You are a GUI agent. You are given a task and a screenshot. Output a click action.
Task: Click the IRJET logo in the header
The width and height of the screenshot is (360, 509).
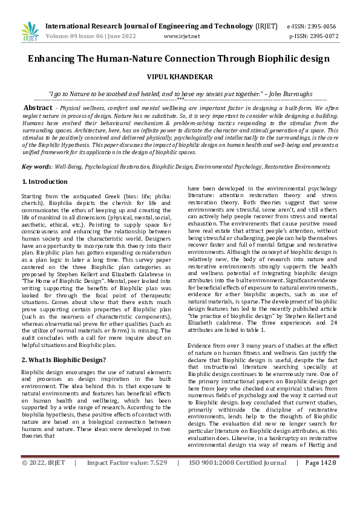pos(29,31)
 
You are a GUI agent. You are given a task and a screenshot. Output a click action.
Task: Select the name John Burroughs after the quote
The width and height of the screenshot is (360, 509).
pos(292,94)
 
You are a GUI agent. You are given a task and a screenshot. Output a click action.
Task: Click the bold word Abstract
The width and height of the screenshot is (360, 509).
pos(38,107)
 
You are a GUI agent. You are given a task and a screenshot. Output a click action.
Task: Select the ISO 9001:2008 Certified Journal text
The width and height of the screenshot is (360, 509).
pos(237,496)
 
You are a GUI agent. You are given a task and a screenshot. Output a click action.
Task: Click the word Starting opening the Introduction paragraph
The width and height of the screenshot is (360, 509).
pos(32,197)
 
